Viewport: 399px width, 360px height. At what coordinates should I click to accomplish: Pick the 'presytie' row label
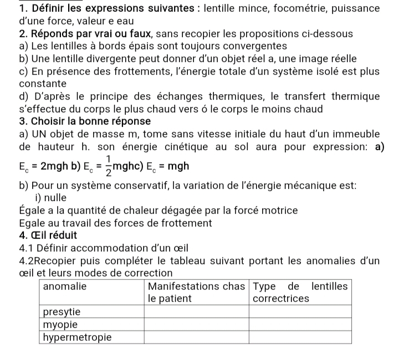pyautogui.click(x=62, y=312)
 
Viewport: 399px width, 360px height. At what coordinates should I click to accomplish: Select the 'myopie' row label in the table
pyautogui.click(x=60, y=324)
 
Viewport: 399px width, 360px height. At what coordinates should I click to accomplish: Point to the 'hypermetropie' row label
pyautogui.click(x=78, y=337)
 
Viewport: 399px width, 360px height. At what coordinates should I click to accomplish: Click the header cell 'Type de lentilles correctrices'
pyautogui.click(x=300, y=292)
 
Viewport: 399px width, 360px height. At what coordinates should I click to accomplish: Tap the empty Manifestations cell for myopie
pyautogui.click(x=196, y=325)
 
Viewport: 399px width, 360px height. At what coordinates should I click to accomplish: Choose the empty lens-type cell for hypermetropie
pyautogui.click(x=300, y=337)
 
